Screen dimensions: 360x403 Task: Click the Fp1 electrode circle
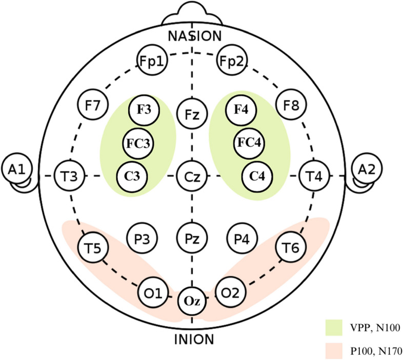click(x=152, y=62)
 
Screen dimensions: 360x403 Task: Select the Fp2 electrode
click(x=232, y=62)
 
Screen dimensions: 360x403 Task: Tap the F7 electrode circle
click(x=93, y=105)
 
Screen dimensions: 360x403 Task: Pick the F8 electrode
click(x=290, y=105)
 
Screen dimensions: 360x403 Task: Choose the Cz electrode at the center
click(x=192, y=176)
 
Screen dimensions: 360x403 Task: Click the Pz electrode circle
click(x=192, y=238)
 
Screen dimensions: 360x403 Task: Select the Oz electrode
click(x=192, y=301)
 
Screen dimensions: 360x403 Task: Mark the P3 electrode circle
click(x=142, y=238)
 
